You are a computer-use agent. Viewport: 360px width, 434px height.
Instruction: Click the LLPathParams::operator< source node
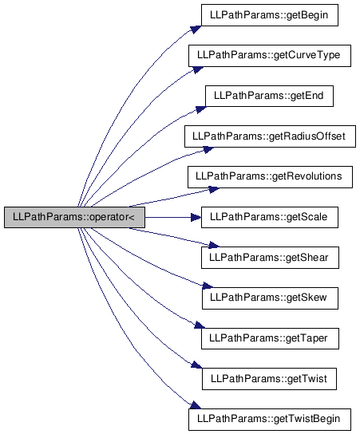[x=74, y=217]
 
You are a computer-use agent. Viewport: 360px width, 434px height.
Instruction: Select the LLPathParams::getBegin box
[x=270, y=15]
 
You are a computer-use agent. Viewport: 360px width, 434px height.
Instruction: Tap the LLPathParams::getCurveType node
[x=270, y=56]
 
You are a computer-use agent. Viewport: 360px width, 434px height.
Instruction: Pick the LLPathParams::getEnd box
[x=269, y=96]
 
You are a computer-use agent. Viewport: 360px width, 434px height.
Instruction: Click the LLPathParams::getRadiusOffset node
[x=270, y=136]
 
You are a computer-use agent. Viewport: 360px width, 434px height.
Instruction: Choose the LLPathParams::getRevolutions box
[x=270, y=177]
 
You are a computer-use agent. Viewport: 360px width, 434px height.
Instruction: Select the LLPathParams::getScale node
[x=270, y=217]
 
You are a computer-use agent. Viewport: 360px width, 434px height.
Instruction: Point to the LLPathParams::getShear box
[x=270, y=258]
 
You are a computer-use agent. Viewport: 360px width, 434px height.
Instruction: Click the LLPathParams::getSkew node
[x=270, y=298]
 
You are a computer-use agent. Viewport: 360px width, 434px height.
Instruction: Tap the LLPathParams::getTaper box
[x=270, y=338]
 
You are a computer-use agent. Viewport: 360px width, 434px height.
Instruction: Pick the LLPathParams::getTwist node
[x=269, y=379]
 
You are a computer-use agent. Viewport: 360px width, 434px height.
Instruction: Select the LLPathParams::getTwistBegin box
[x=270, y=420]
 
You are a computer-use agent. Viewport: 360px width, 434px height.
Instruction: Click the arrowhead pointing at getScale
[x=196, y=217]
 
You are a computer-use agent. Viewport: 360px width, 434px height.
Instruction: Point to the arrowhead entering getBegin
[x=196, y=29]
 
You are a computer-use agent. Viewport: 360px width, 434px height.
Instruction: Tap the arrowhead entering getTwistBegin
[x=196, y=405]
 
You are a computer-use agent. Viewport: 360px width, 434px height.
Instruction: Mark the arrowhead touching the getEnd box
[x=200, y=109]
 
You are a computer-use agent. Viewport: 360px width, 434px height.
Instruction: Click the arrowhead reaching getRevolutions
[x=214, y=189]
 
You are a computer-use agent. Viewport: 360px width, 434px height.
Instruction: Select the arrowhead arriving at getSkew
[x=208, y=286]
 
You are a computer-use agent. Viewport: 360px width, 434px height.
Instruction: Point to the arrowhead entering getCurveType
[x=198, y=69]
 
